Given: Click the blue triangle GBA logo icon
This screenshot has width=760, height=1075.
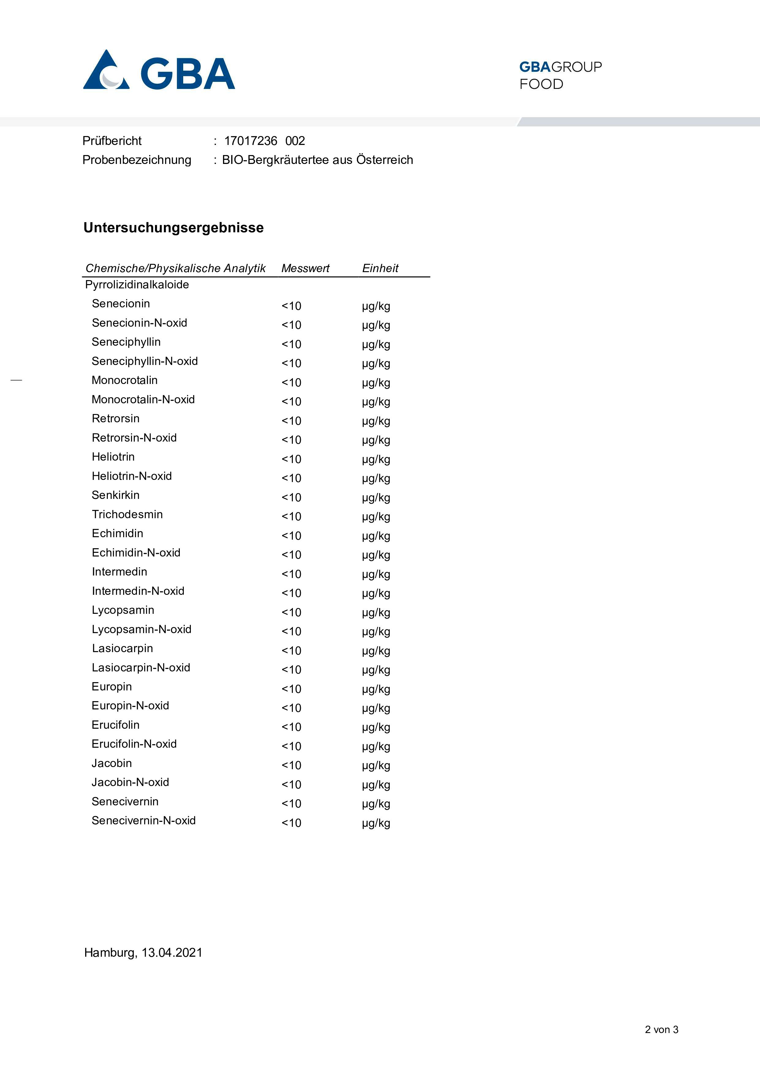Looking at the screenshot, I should pyautogui.click(x=106, y=70).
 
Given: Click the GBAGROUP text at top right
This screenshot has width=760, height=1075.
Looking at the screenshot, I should pyautogui.click(x=560, y=67).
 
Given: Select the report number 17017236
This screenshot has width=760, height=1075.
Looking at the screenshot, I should pyautogui.click(x=250, y=141).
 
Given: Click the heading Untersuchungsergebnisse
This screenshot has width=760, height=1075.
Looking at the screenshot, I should pyautogui.click(x=173, y=228).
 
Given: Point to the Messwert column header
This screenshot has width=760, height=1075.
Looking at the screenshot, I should pyautogui.click(x=305, y=268).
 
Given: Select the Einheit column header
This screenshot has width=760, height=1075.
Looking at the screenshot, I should pyautogui.click(x=380, y=268).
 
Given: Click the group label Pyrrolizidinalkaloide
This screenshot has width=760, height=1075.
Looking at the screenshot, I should pyautogui.click(x=137, y=285).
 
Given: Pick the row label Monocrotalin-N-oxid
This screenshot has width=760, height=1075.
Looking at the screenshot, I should pyautogui.click(x=143, y=399).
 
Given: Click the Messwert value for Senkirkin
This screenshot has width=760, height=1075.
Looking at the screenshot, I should pyautogui.click(x=291, y=497).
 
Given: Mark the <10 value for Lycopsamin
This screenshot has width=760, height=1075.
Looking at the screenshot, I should pyautogui.click(x=291, y=612).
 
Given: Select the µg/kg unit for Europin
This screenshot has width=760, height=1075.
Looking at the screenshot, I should pyautogui.click(x=376, y=689).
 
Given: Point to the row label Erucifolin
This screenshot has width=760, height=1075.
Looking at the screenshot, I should pyautogui.click(x=115, y=725).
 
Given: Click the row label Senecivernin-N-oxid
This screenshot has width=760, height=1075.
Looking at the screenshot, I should pyautogui.click(x=143, y=820).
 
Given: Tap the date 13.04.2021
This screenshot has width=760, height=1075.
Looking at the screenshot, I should pyautogui.click(x=172, y=952).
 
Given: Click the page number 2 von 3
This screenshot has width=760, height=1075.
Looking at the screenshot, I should pyautogui.click(x=661, y=1030).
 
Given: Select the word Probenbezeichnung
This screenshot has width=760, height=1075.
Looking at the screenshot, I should pyautogui.click(x=137, y=160).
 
